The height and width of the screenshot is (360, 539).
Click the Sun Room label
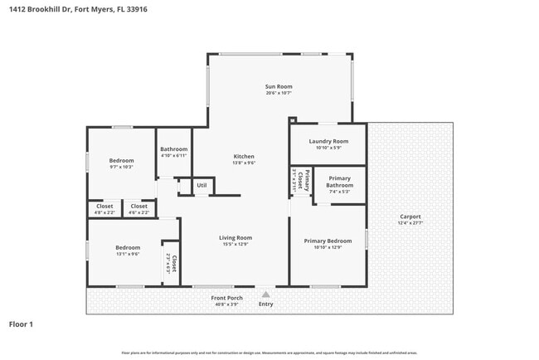tap(279, 86)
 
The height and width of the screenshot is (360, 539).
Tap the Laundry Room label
tap(328, 141)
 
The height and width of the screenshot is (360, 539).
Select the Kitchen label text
tap(244, 156)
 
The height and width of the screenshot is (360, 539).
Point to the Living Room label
tap(236, 237)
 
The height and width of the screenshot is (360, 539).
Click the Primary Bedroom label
tap(328, 241)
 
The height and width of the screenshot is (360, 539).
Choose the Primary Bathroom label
tap(340, 182)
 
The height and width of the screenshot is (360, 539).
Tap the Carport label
tap(410, 216)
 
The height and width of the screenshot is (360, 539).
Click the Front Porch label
tap(226, 297)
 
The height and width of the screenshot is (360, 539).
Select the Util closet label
tap(202, 185)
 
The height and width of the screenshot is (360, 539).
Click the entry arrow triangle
tap(265, 294)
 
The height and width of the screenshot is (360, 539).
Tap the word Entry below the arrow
tap(265, 304)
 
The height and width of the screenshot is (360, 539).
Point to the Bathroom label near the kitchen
tap(174, 149)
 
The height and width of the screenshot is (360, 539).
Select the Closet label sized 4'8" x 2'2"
tap(105, 206)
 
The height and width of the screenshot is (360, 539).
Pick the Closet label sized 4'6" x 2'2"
tap(139, 206)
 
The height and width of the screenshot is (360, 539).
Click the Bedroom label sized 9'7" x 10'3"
tap(121, 160)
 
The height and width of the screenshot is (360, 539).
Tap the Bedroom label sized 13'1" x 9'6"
tap(128, 247)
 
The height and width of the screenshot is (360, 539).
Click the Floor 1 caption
tap(21, 324)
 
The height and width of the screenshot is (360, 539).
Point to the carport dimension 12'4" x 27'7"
tap(410, 223)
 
